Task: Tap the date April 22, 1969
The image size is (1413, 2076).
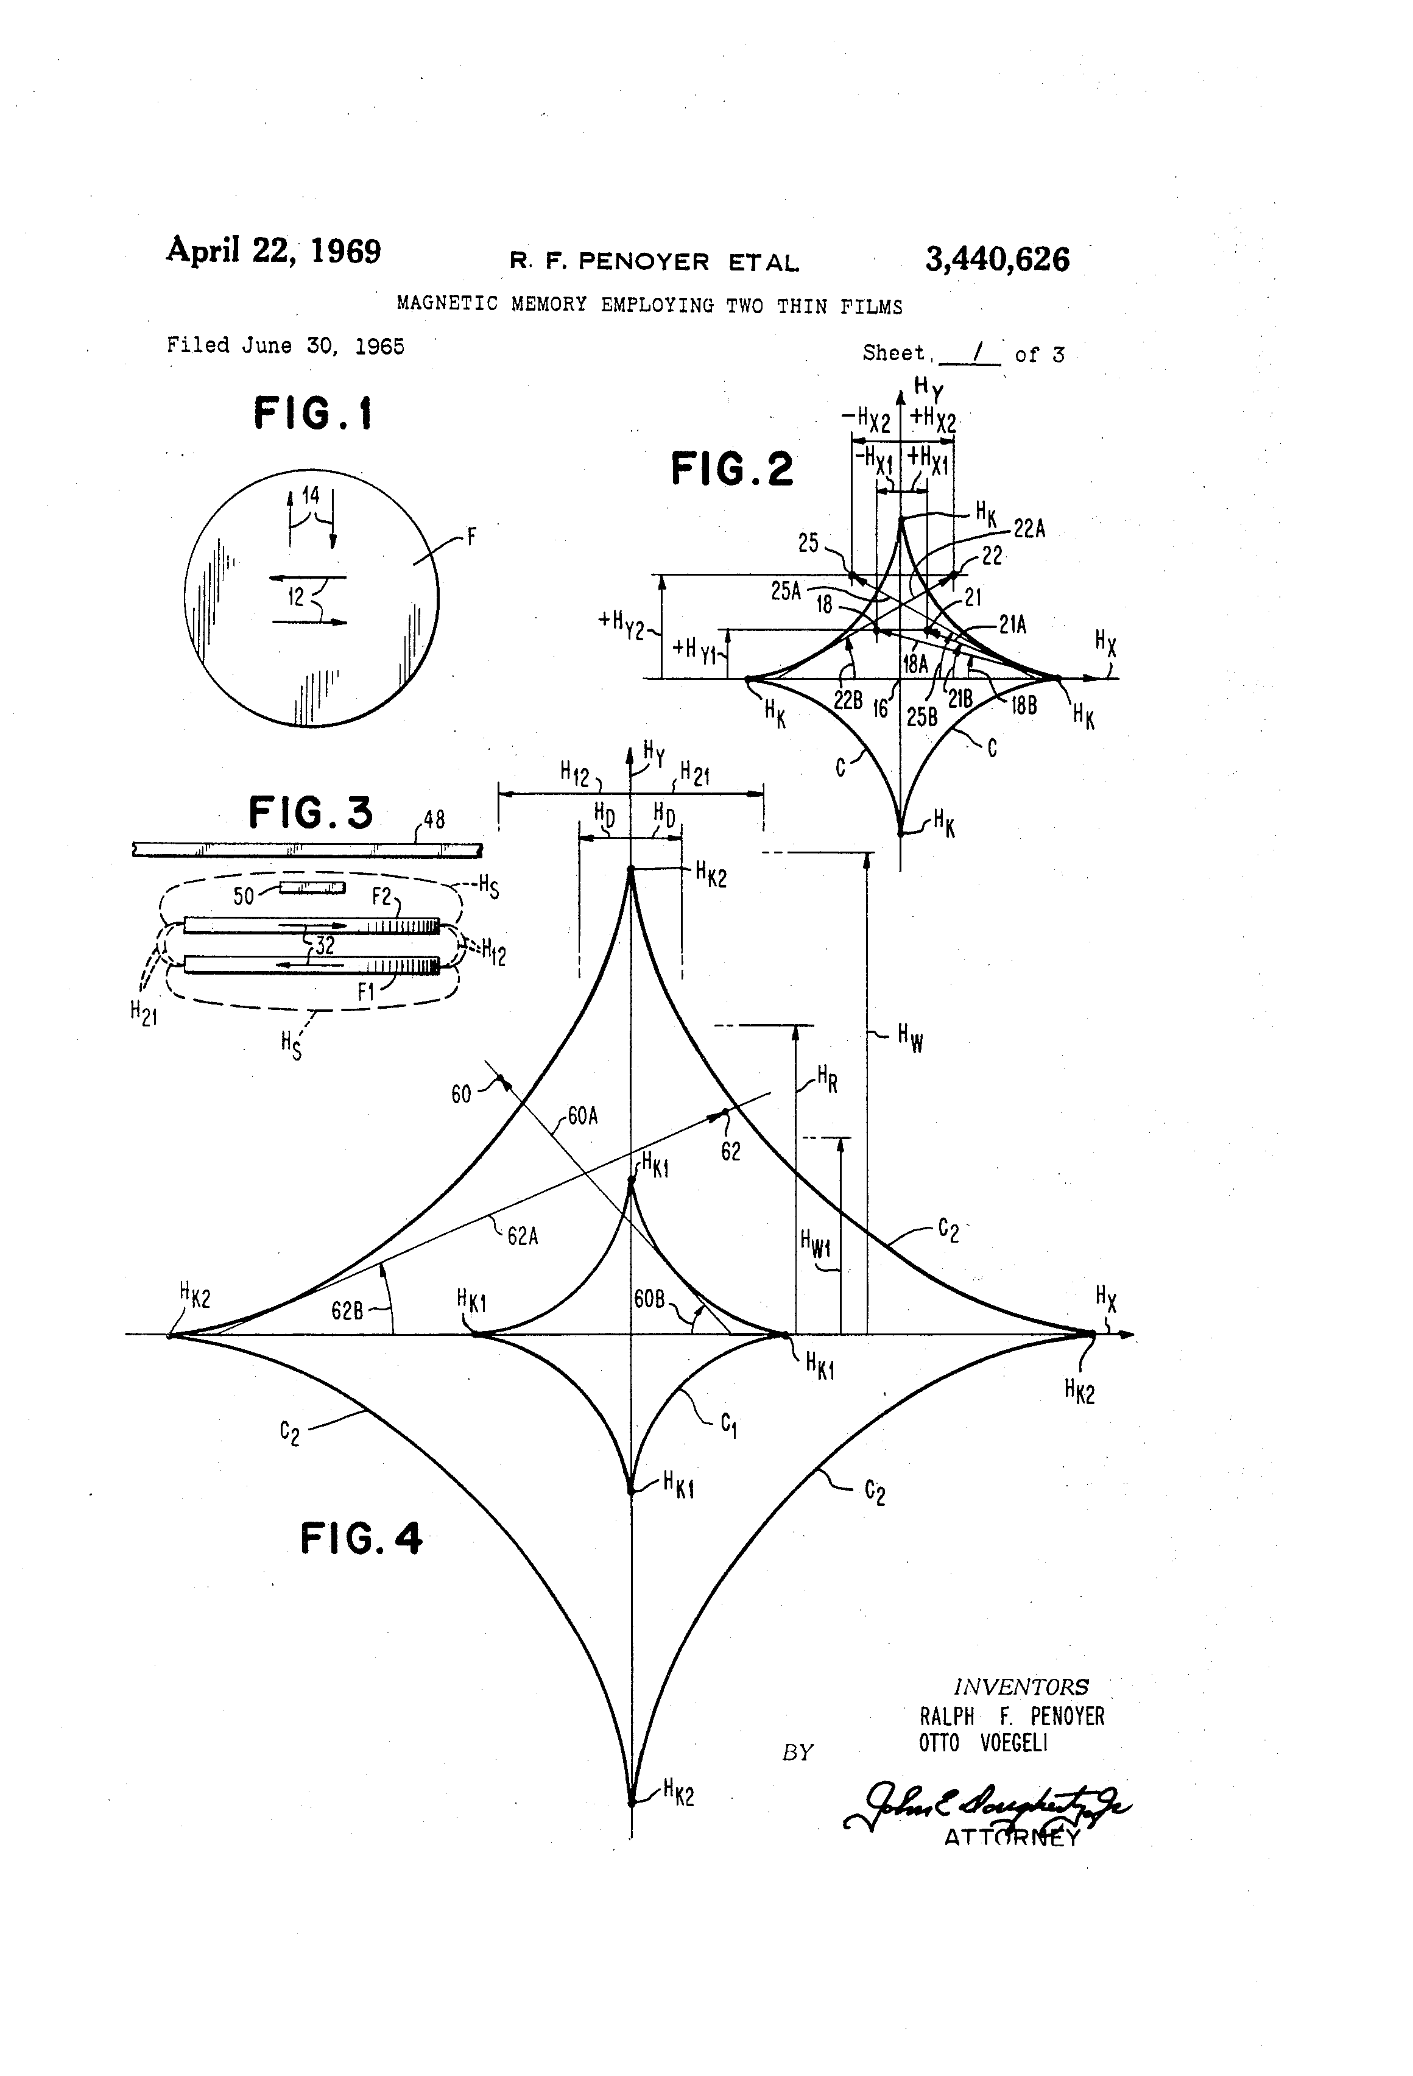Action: pyautogui.click(x=273, y=251)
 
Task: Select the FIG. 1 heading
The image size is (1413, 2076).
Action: pyautogui.click(x=312, y=414)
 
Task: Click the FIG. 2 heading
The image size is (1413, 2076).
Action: pyautogui.click(x=731, y=469)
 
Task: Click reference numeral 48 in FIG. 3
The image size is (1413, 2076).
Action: pyautogui.click(x=434, y=819)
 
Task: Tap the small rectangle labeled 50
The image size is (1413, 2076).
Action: pyautogui.click(x=312, y=887)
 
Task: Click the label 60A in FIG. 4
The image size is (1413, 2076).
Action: pyautogui.click(x=582, y=1116)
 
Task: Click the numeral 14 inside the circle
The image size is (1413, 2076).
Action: pyautogui.click(x=310, y=495)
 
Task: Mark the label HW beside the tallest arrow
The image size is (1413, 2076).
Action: pyautogui.click(x=910, y=1038)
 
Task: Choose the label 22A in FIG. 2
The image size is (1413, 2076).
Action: pyautogui.click(x=1029, y=529)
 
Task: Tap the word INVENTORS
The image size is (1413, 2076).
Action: pyautogui.click(x=1021, y=1687)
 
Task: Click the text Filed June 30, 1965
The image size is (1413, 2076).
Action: pyautogui.click(x=286, y=346)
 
